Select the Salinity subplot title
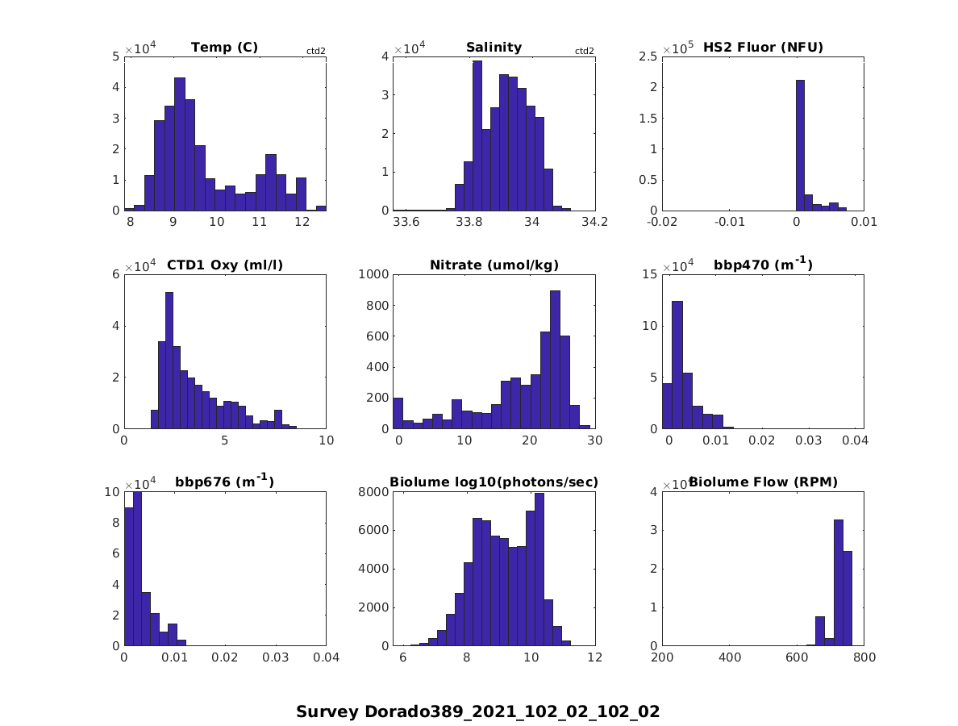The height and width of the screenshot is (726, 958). click(x=494, y=48)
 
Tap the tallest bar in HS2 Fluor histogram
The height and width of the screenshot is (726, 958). click(x=800, y=145)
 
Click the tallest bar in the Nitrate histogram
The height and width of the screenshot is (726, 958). click(x=555, y=360)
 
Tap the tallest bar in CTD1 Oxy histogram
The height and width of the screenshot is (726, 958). click(x=169, y=361)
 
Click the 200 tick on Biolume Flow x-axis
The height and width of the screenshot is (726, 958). click(x=662, y=658)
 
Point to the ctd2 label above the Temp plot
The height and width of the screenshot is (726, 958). click(x=315, y=51)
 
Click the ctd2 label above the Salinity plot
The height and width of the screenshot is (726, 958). click(x=584, y=51)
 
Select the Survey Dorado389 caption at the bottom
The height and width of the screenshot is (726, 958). click(x=478, y=711)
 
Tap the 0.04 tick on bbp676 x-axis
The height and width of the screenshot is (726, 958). click(x=326, y=658)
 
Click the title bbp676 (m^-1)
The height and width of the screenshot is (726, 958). click(x=224, y=482)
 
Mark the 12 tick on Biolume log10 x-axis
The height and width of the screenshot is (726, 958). click(x=594, y=658)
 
